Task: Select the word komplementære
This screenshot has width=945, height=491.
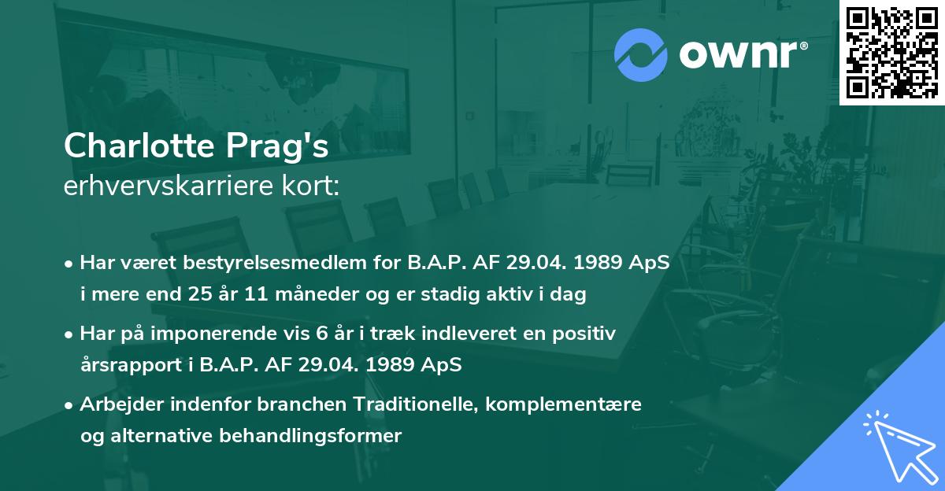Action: (562, 404)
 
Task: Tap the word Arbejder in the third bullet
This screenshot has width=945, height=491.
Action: (119, 404)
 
